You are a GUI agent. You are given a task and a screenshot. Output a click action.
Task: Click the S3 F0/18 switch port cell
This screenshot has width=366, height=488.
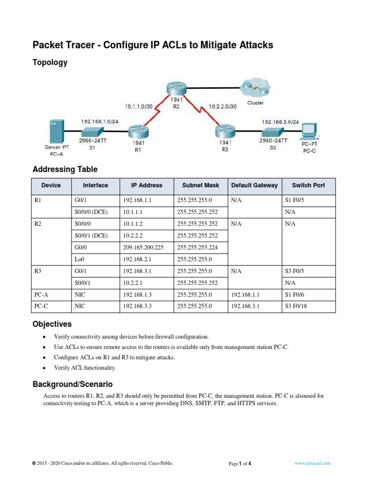tap(296, 306)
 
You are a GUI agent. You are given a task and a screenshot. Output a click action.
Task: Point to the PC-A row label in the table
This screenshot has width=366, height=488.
tap(40, 295)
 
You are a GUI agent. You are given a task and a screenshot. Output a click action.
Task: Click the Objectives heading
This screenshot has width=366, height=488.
tap(52, 325)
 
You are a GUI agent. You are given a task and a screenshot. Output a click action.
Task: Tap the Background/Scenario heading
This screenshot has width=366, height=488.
tap(72, 384)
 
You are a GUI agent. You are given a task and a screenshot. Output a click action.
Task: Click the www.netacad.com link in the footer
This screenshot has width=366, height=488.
tap(313, 463)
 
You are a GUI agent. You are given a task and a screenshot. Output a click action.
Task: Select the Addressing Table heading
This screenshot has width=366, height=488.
tap(65, 169)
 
